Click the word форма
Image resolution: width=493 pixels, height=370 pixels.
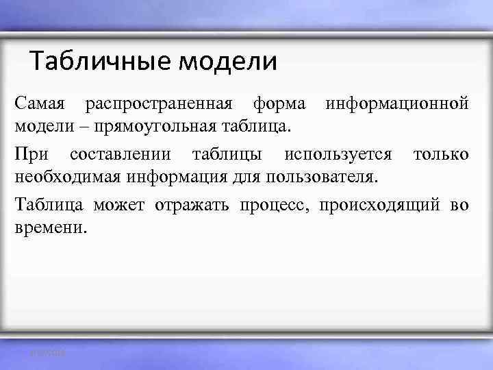[x=279, y=104]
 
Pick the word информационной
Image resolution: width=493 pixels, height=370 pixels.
[x=397, y=104]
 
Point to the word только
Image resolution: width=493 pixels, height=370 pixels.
[x=440, y=154]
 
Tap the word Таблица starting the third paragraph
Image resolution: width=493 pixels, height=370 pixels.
[x=49, y=204]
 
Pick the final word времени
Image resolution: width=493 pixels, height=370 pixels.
[x=50, y=227]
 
